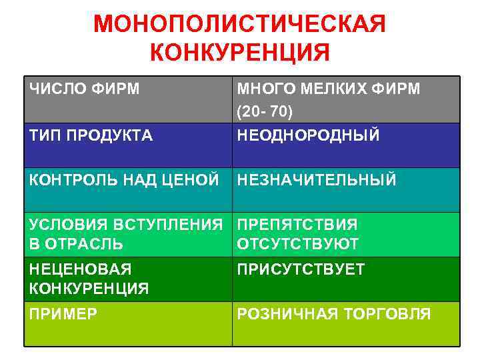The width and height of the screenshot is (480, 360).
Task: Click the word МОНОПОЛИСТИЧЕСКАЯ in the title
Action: coord(239,24)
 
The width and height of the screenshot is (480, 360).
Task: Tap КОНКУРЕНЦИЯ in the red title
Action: coord(239,52)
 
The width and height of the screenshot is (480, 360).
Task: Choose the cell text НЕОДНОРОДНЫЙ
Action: coord(309,136)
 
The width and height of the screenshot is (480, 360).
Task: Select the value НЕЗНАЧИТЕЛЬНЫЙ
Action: coord(317,180)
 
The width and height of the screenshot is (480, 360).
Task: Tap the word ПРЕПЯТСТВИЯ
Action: coord(297,225)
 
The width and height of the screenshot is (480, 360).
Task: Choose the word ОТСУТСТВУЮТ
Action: coord(298,244)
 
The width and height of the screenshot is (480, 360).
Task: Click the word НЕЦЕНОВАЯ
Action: coord(79,269)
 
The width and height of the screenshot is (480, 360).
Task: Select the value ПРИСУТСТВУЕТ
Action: coord(301,269)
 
